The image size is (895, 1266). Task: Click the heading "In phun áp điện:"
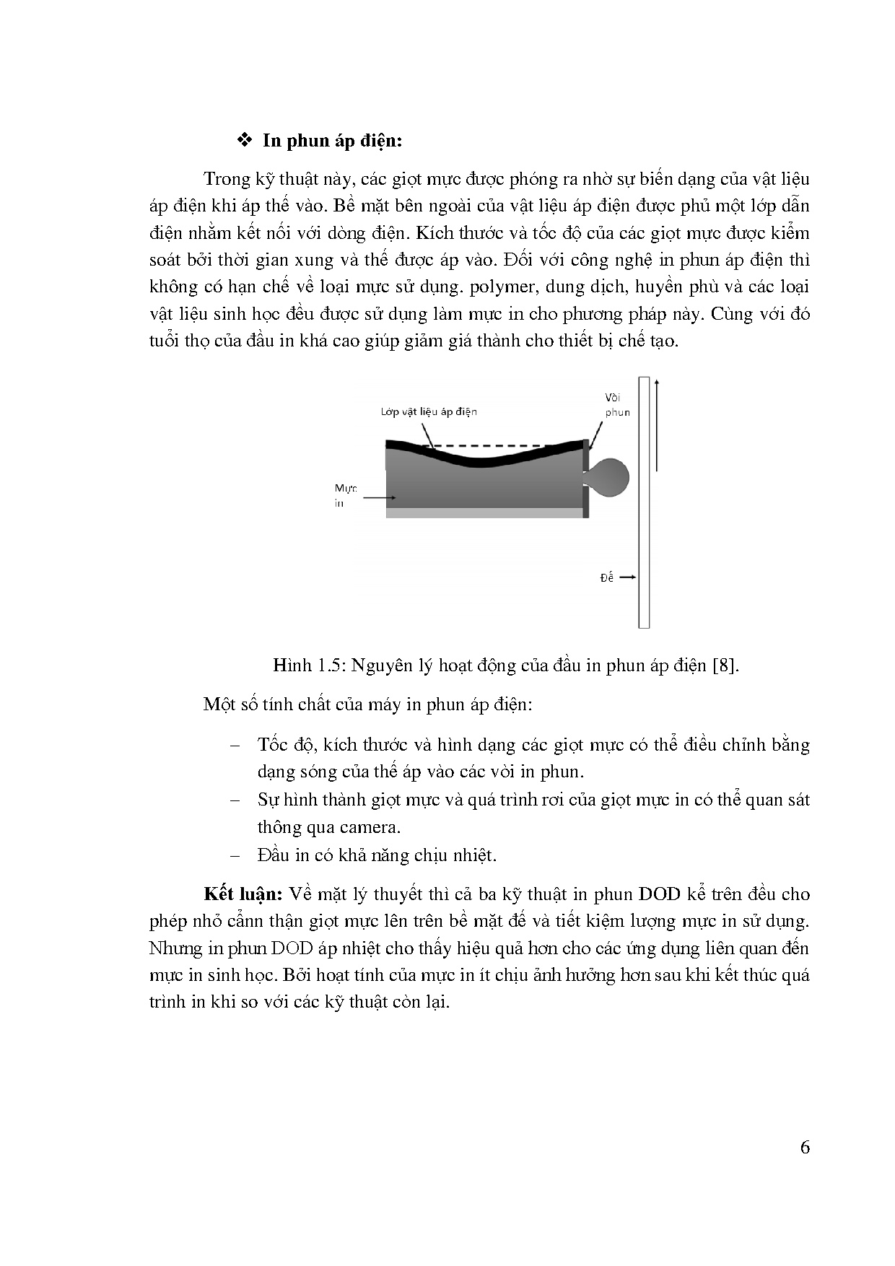(332, 140)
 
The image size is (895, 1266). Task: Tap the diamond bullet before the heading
(243, 139)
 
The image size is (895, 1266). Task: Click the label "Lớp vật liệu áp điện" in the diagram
(429, 411)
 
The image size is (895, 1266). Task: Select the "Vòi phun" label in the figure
(617, 405)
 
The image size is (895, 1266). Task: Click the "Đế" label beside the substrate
(606, 577)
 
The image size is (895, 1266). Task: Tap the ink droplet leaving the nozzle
(613, 477)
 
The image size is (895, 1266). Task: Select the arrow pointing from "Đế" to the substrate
(626, 577)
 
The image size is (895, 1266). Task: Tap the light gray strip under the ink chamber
(484, 512)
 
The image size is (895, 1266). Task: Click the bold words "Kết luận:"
(243, 894)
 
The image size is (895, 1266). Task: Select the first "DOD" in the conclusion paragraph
(660, 894)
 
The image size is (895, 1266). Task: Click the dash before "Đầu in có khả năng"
(234, 855)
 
